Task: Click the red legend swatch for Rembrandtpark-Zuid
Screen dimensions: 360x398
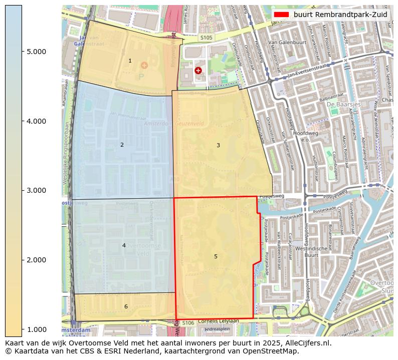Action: pos(281,15)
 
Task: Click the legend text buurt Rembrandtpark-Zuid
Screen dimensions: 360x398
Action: pos(340,15)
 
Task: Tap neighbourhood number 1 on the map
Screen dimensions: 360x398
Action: pos(130,61)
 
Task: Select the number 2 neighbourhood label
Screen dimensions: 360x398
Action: pos(122,145)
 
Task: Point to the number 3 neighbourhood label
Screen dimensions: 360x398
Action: pos(218,146)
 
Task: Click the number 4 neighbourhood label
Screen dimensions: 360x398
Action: pos(124,245)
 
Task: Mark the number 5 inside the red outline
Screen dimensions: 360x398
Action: pos(216,257)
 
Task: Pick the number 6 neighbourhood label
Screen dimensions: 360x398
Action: pos(126,306)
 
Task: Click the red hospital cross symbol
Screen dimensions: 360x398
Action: pos(198,71)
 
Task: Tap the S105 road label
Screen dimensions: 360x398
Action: pos(206,38)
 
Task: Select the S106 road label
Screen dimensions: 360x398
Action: pos(188,323)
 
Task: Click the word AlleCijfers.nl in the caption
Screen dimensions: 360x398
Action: pos(306,343)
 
